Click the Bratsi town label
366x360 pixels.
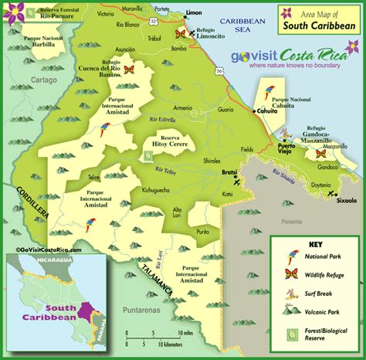[x=229, y=172]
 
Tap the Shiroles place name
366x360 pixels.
[x=212, y=161]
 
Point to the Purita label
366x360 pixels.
[x=203, y=231]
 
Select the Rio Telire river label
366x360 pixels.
[x=168, y=170]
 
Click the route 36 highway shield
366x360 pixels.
[x=219, y=72]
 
